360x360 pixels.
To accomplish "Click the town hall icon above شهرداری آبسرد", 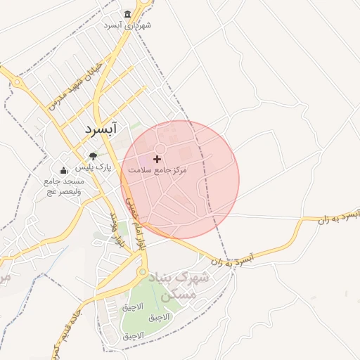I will click(x=127, y=15).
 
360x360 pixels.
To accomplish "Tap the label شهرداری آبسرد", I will click(x=127, y=25).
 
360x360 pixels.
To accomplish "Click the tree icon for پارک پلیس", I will click(x=93, y=156).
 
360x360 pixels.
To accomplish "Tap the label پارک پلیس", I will click(x=94, y=167).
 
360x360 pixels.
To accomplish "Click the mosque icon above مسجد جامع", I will click(x=63, y=169).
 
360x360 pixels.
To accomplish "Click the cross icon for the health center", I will click(x=157, y=160).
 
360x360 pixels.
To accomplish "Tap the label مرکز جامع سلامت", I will click(x=157, y=170).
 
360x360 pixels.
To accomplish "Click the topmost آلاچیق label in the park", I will click(x=132, y=307).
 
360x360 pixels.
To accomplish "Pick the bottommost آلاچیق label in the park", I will click(x=133, y=335).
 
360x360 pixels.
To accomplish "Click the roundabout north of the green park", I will click(x=142, y=271).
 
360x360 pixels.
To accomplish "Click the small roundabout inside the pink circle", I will click(x=160, y=148).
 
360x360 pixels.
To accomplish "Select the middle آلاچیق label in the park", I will click(x=158, y=318).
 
